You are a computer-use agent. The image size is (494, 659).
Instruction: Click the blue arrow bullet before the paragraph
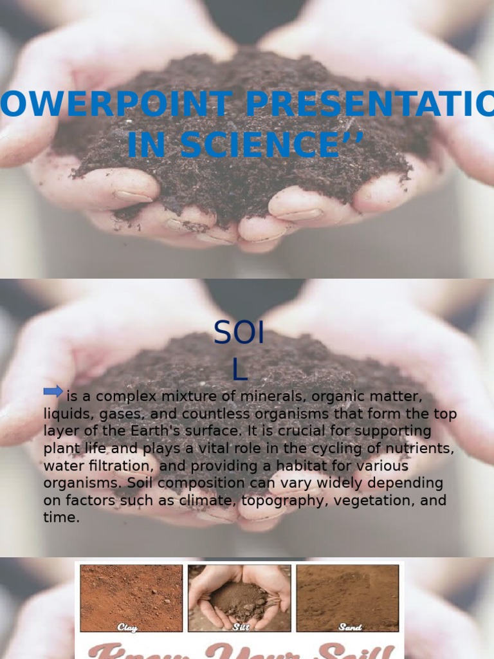pos(53,391)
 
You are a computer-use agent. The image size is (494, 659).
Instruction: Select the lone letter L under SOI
pos(239,369)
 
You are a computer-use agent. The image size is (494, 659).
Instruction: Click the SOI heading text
pos(239,333)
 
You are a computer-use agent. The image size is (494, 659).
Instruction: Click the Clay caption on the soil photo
pos(127,626)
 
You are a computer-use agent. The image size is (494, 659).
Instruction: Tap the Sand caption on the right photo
pos(349,626)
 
